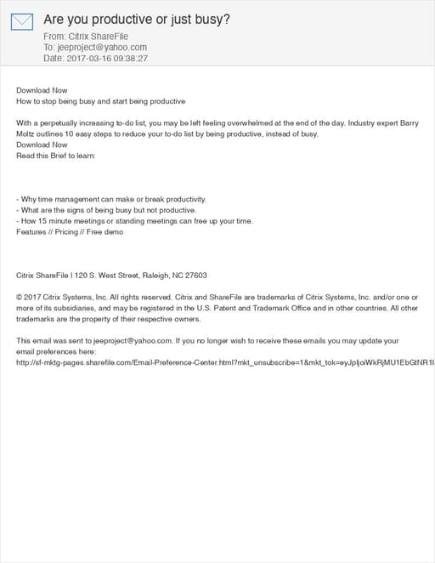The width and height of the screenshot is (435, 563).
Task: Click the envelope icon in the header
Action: pos(22,22)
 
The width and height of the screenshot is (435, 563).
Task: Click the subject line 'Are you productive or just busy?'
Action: pos(136,19)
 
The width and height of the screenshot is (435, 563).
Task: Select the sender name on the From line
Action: pos(95,37)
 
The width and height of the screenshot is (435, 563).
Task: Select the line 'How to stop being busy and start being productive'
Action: pos(100,100)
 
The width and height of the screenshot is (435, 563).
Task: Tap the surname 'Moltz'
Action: pos(27,134)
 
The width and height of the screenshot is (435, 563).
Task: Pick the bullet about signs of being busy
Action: pos(106,210)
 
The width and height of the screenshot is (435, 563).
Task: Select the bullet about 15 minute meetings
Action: pos(134,221)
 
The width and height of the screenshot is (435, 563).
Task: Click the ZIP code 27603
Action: pos(195,276)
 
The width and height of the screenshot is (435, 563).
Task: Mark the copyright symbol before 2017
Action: pos(20,297)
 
